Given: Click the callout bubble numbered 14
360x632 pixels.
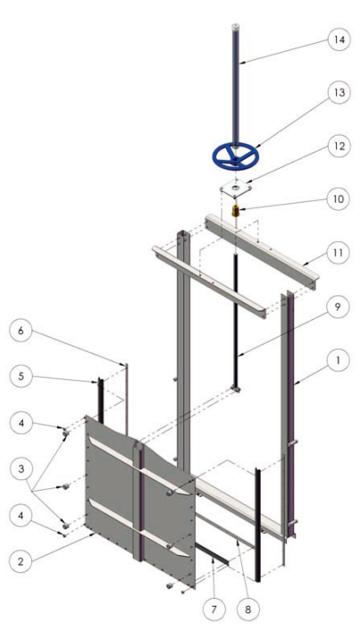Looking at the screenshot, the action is point(339,39).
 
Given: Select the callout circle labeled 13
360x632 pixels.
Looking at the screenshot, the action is point(339,93).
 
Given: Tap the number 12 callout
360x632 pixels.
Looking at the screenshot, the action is point(339,146).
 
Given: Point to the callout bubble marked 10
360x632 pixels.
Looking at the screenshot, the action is point(339,199).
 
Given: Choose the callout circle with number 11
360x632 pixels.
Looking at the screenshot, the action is point(339,253).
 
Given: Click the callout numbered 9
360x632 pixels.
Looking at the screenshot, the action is point(339,307).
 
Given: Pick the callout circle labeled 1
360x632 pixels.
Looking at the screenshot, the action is point(339,360).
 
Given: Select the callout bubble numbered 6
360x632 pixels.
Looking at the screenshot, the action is point(21,331).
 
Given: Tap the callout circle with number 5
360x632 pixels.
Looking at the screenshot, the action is point(21,376).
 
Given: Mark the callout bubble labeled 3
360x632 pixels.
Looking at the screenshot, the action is point(21,469).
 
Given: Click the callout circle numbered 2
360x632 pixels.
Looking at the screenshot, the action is point(21,561).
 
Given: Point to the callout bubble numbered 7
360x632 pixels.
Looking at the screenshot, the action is point(213,609).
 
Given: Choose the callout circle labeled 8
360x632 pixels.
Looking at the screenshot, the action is point(247,609).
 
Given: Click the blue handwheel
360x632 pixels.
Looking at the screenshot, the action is point(235,156).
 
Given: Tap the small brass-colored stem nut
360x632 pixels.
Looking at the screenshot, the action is point(236,211).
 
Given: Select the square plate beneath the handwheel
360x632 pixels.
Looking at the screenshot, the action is point(236,188).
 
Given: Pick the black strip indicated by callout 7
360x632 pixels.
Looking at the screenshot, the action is point(212,554).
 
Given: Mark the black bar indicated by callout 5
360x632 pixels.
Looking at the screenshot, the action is point(100,401).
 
